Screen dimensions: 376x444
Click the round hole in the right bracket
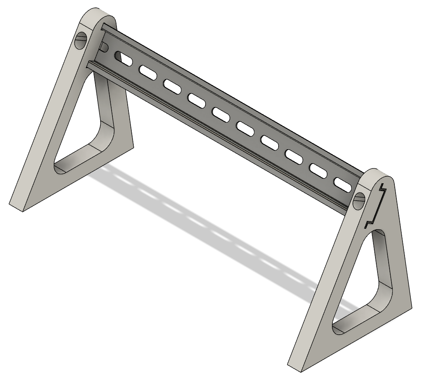pos(359,201)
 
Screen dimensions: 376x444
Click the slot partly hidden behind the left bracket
pos(104,47)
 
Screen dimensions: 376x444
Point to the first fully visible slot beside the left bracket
pos(124,59)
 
